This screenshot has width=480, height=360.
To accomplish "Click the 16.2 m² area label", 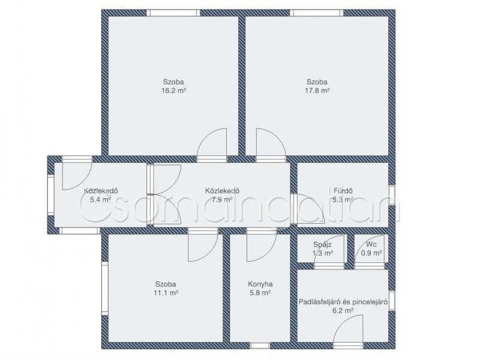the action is [x=173, y=91].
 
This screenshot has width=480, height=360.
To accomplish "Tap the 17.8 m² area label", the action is [x=317, y=91].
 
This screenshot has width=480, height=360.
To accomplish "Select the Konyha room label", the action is [x=260, y=284].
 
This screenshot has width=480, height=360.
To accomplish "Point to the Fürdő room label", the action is [x=343, y=191].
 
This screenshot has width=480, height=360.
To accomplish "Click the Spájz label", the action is [x=322, y=245].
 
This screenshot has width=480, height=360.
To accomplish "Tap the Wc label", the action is [x=371, y=245].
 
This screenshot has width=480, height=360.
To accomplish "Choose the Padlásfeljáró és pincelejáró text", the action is [x=343, y=302].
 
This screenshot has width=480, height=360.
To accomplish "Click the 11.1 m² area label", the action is [x=166, y=293].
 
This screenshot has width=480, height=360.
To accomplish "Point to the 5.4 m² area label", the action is [x=100, y=200].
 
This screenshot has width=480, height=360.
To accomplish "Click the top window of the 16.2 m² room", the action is [x=173, y=13].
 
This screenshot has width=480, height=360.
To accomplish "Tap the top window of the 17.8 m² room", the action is [x=317, y=13].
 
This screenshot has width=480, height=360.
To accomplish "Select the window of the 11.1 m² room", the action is [x=105, y=289].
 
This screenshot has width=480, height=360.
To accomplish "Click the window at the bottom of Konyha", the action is [x=260, y=346].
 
